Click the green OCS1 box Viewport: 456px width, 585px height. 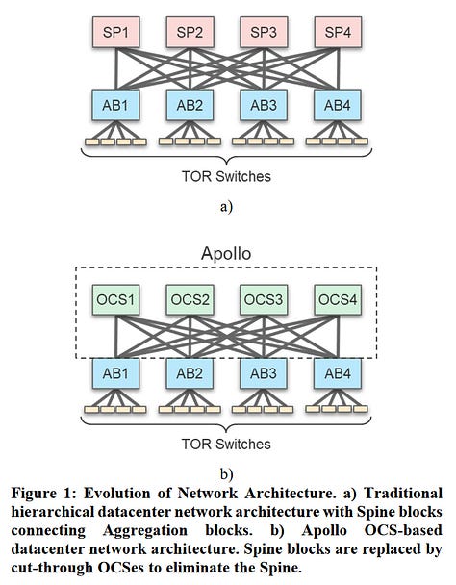tap(114, 299)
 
